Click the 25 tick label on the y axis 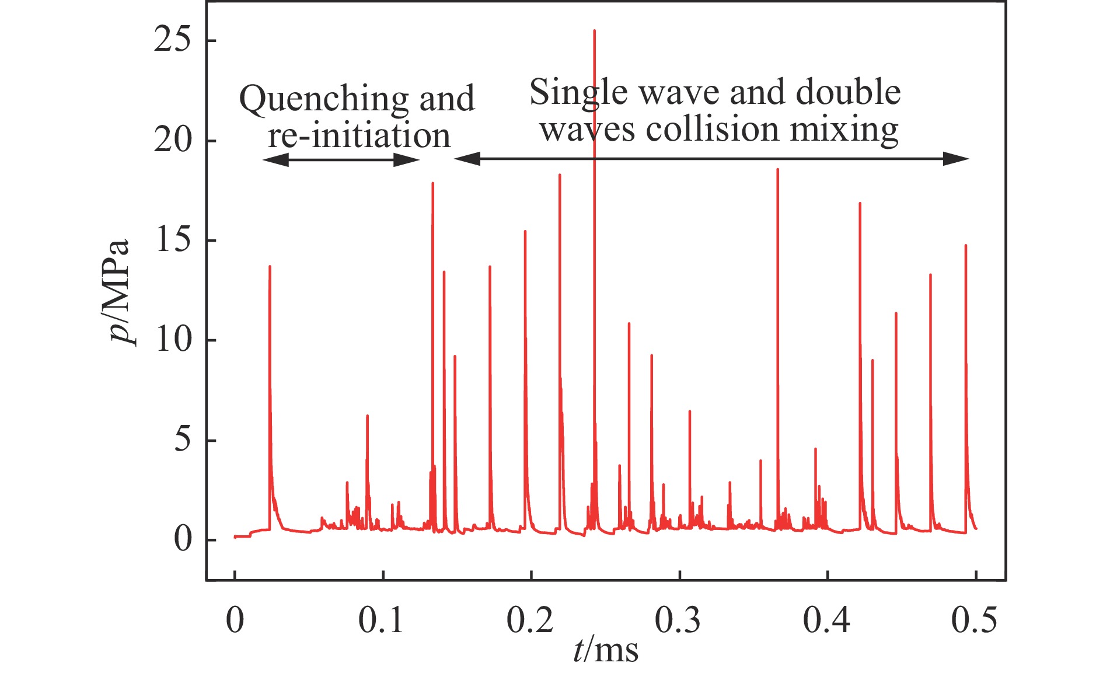point(173,41)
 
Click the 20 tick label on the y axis point(173,141)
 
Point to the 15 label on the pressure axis point(173,240)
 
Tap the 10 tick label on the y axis point(173,340)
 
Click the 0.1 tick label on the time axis point(382,620)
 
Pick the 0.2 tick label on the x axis point(530,620)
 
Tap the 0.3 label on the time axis point(678,620)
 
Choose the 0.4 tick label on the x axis point(826,620)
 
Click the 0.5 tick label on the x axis point(975,620)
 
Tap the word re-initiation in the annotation point(359,135)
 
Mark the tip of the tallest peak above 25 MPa point(594,30)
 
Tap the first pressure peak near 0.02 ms point(270,267)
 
